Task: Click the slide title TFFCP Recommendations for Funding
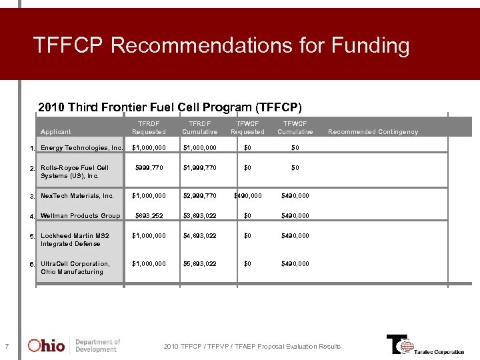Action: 221,46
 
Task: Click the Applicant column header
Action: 55,132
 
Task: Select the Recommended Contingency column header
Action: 373,132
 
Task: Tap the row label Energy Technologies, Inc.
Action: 81,148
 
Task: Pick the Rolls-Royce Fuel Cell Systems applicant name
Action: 74,172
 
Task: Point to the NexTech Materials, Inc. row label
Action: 77,196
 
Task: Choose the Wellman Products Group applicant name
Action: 80,216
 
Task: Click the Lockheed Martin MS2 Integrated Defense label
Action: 75,240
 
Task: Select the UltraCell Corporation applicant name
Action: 75,268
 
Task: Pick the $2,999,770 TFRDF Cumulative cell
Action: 199,196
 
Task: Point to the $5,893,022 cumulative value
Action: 199,264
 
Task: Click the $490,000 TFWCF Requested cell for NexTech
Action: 247,196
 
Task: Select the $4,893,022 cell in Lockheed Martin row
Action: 199,236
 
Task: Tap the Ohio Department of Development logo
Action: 73,345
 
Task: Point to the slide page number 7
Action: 6,346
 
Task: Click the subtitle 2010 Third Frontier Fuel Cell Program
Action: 170,107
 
